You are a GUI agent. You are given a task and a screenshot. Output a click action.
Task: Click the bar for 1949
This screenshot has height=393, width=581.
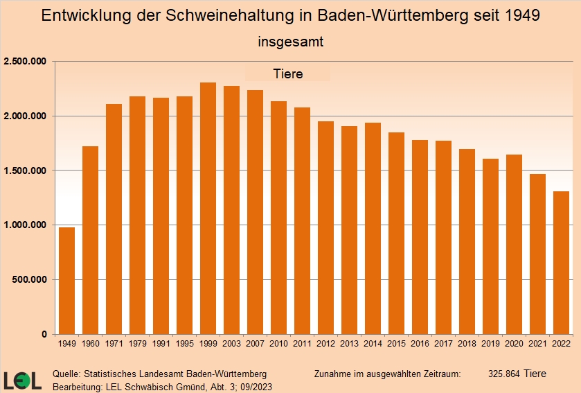click(67, 281)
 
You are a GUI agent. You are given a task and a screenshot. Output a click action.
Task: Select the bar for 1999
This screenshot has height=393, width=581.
click(208, 208)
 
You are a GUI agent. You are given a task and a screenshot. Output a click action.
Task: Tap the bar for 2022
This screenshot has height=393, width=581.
click(561, 263)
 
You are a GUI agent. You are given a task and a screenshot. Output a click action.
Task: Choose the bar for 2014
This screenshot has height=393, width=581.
click(373, 228)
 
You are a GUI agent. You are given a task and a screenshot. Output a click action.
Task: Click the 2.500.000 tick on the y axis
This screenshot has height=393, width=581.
click(25, 62)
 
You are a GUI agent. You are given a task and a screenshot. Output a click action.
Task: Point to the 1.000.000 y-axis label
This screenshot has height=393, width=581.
click(25, 225)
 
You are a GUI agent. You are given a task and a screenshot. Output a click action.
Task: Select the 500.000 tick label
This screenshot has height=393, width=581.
click(28, 280)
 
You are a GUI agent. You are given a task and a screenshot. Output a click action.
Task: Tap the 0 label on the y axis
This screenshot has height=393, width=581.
click(43, 335)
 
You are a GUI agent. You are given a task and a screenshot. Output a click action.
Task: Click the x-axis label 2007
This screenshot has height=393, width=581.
click(256, 344)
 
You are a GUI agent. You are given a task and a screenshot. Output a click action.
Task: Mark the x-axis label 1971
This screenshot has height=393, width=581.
click(114, 344)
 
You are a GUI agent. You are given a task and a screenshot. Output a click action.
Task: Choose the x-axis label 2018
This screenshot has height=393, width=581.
click(467, 344)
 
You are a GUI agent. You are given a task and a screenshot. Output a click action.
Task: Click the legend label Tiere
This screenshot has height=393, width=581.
click(288, 74)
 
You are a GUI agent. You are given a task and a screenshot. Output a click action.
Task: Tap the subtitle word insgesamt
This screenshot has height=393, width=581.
click(291, 42)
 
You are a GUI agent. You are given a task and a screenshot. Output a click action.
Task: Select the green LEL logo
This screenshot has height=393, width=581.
click(22, 380)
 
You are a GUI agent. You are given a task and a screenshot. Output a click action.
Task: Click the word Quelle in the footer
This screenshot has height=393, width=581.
click(66, 374)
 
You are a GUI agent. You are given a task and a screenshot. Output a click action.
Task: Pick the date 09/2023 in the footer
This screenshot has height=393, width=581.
click(253, 385)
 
